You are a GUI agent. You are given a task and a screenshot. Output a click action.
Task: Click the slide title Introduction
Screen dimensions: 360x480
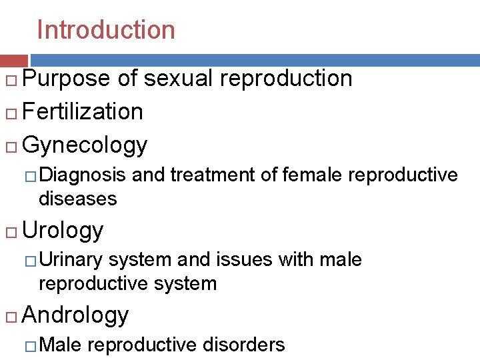pyautogui.click(x=106, y=30)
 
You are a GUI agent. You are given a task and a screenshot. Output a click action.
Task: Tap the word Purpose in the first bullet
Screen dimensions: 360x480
pyautogui.click(x=66, y=79)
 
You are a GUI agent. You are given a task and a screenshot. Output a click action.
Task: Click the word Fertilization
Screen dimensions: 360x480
pyautogui.click(x=83, y=111)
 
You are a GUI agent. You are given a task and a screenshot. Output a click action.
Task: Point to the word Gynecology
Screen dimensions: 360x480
pyautogui.click(x=85, y=145)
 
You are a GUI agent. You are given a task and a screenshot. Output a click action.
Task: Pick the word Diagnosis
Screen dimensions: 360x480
pyautogui.click(x=82, y=175)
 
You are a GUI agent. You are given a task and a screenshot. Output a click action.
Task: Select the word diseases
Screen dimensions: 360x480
pyautogui.click(x=78, y=199)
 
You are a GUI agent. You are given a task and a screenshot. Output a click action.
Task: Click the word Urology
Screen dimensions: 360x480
pyautogui.click(x=63, y=231)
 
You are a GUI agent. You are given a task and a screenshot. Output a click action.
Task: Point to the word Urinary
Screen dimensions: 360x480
pyautogui.click(x=71, y=260)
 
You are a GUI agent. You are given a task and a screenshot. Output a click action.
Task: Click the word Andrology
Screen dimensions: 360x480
pyautogui.click(x=75, y=315)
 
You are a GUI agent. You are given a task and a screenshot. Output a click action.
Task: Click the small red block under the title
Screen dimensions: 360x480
pyautogui.click(x=13, y=60)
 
